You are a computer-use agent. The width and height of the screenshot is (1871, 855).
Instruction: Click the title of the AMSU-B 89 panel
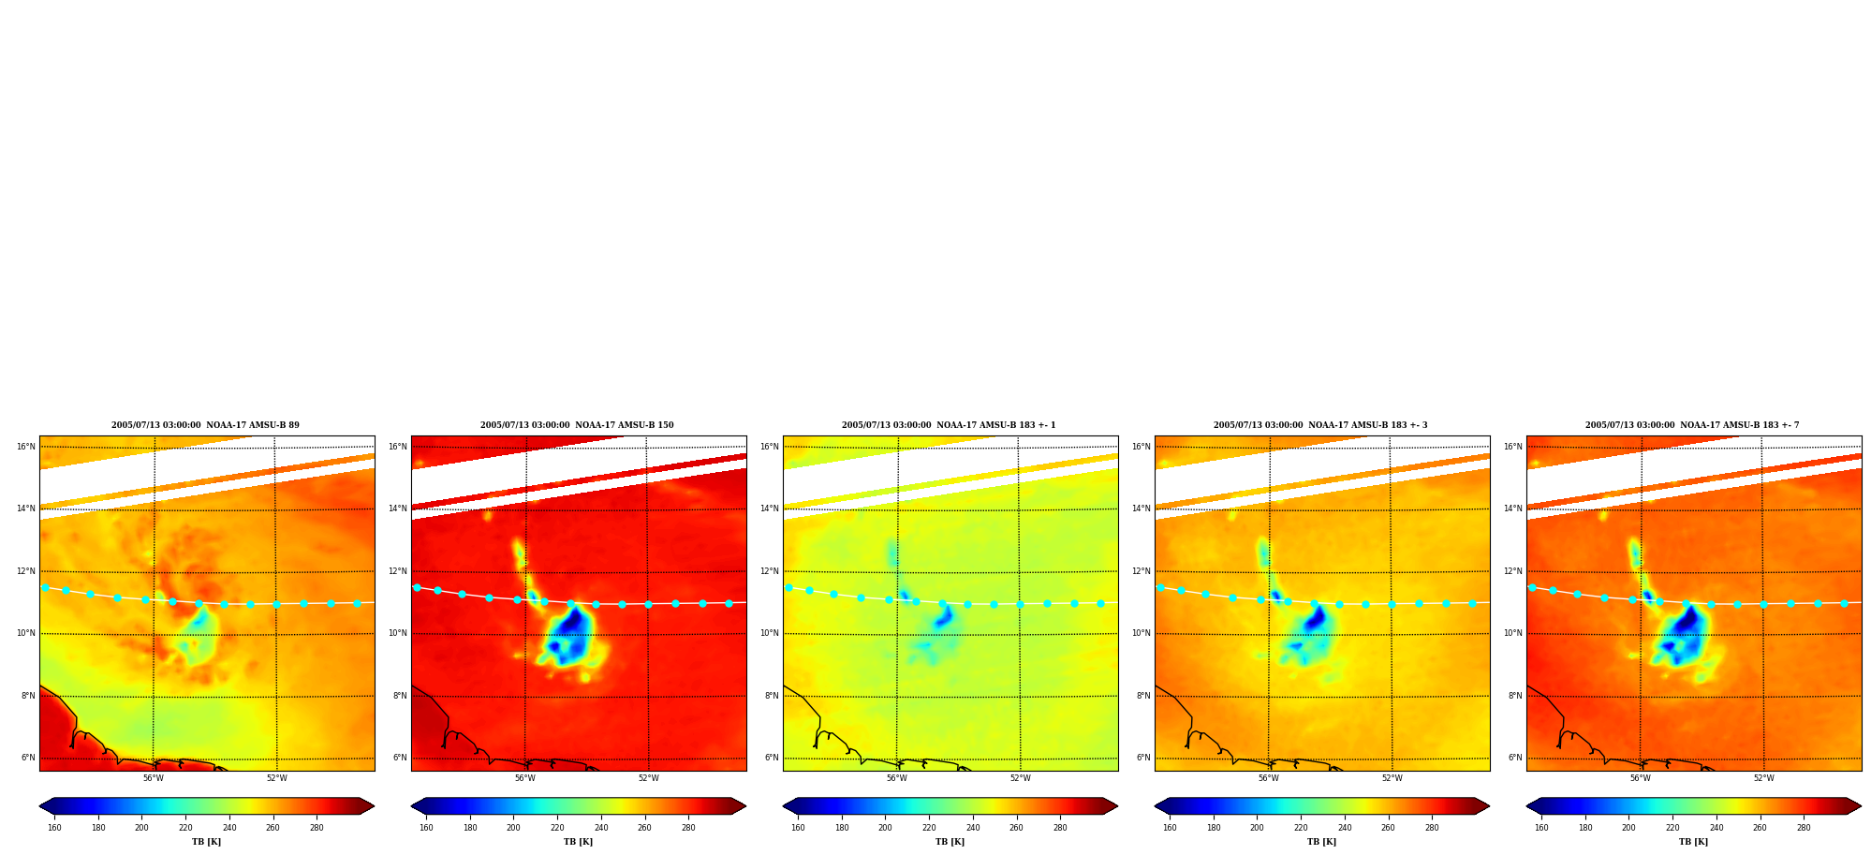point(205,425)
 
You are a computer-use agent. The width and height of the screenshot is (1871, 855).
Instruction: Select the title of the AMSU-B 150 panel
point(577,425)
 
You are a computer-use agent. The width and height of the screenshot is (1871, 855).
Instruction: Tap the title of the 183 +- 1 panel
point(949,425)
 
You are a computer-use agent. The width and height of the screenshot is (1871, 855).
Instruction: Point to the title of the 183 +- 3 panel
point(1320,425)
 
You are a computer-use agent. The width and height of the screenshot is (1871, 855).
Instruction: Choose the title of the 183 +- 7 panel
point(1692,425)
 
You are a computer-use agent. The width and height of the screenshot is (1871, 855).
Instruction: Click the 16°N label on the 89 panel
point(25,447)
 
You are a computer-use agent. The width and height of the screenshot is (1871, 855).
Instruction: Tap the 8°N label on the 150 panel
point(399,696)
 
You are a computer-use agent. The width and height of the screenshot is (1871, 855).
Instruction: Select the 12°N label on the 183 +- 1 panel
point(769,571)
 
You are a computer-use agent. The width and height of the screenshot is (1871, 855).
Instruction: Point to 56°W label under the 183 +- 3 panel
point(1268,778)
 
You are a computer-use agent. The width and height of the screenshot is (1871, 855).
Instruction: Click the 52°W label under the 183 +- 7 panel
point(1763,778)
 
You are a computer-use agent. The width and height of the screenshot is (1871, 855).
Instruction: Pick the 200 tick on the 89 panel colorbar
point(141,828)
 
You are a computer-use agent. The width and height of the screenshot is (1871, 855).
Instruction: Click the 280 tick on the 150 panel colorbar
point(688,828)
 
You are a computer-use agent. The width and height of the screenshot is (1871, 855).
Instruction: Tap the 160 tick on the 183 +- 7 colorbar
point(1541,828)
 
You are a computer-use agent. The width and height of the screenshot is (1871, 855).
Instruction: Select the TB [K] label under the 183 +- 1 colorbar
point(950,842)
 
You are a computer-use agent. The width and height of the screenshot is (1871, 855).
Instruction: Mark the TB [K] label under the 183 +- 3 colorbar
point(1321,842)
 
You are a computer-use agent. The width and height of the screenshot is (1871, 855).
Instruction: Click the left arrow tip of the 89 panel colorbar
point(39,806)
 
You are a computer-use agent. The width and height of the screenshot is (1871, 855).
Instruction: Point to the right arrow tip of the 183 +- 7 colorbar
point(1861,806)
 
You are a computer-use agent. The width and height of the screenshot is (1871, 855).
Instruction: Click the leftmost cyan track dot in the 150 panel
point(417,587)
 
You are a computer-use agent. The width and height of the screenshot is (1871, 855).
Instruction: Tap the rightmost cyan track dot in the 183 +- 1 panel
point(1100,603)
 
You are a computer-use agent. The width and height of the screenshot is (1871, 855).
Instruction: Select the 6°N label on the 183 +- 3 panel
point(1142,758)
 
